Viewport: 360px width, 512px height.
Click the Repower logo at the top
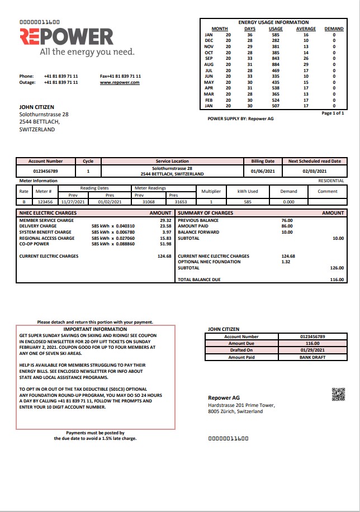67,37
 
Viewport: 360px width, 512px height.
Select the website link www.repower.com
120,82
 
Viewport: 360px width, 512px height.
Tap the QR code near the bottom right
338,395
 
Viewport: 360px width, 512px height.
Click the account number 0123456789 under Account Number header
46,171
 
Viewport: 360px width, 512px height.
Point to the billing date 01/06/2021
262,171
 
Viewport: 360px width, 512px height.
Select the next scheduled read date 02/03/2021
314,171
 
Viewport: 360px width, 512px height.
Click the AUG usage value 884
276,64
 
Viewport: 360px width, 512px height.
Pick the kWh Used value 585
248,202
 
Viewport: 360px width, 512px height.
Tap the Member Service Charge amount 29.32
165,220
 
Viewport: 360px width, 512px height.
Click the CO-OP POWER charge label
34,244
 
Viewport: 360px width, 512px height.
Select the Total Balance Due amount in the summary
337,279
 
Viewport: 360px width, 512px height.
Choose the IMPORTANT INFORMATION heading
95,330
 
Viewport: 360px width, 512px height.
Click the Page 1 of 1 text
333,113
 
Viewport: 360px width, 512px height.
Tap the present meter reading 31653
181,202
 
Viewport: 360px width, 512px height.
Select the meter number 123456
45,202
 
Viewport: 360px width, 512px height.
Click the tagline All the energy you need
87,52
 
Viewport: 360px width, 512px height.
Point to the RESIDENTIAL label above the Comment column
331,181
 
